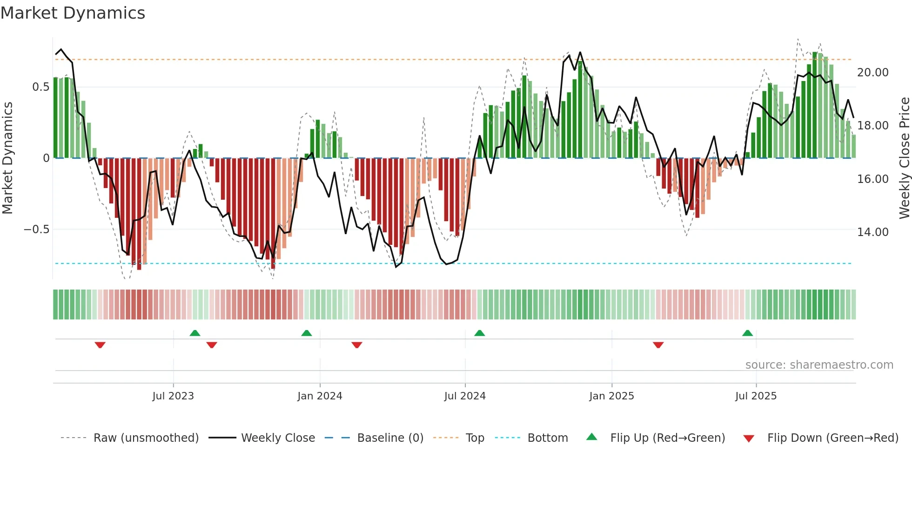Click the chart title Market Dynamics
(73, 13)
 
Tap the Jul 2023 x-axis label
(173, 396)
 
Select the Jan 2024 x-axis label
(320, 396)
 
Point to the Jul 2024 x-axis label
(465, 396)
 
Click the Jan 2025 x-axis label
(611, 396)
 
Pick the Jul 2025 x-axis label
(756, 396)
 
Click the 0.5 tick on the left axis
(40, 87)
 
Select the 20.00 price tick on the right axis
(873, 73)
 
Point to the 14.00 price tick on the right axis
(873, 232)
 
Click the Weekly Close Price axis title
(904, 158)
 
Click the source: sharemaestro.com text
(819, 365)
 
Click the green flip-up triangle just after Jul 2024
(479, 333)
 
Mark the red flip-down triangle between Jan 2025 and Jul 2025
(658, 345)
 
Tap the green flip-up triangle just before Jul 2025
(747, 333)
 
